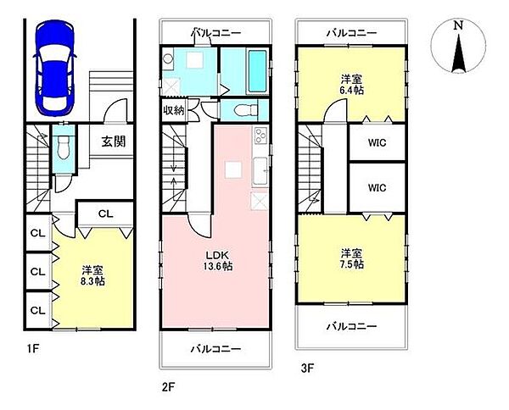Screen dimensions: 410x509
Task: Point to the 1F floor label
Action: [32, 347]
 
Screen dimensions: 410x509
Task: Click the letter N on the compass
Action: [458, 25]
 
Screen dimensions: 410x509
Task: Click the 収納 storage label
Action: [174, 110]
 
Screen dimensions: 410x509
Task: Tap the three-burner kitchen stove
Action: [260, 136]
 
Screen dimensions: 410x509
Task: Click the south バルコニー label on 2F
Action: [215, 348]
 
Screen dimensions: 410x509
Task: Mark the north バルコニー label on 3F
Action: [351, 32]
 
